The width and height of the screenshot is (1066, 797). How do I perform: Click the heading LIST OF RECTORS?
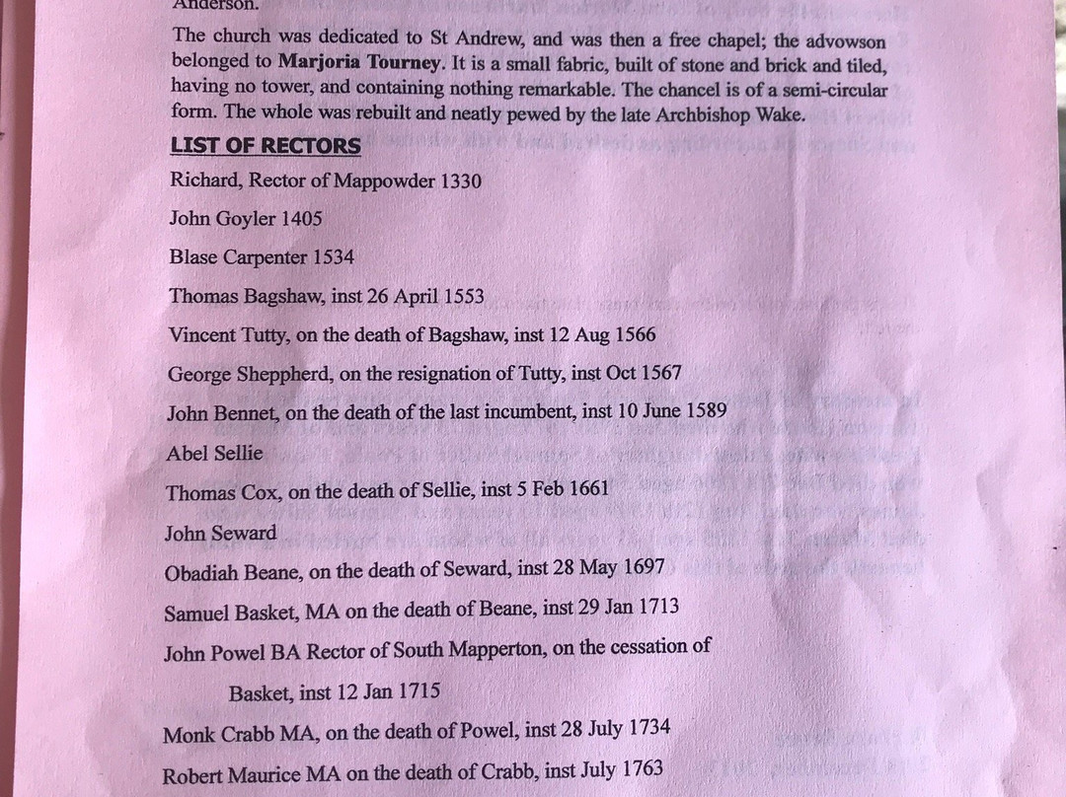pyautogui.click(x=266, y=146)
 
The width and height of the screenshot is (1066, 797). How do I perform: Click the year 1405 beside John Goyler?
pyautogui.click(x=301, y=218)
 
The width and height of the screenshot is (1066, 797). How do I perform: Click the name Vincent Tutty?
pyautogui.click(x=228, y=334)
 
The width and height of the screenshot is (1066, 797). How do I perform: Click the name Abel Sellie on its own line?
pyautogui.click(x=215, y=454)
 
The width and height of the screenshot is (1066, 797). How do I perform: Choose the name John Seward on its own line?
pyautogui.click(x=220, y=534)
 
